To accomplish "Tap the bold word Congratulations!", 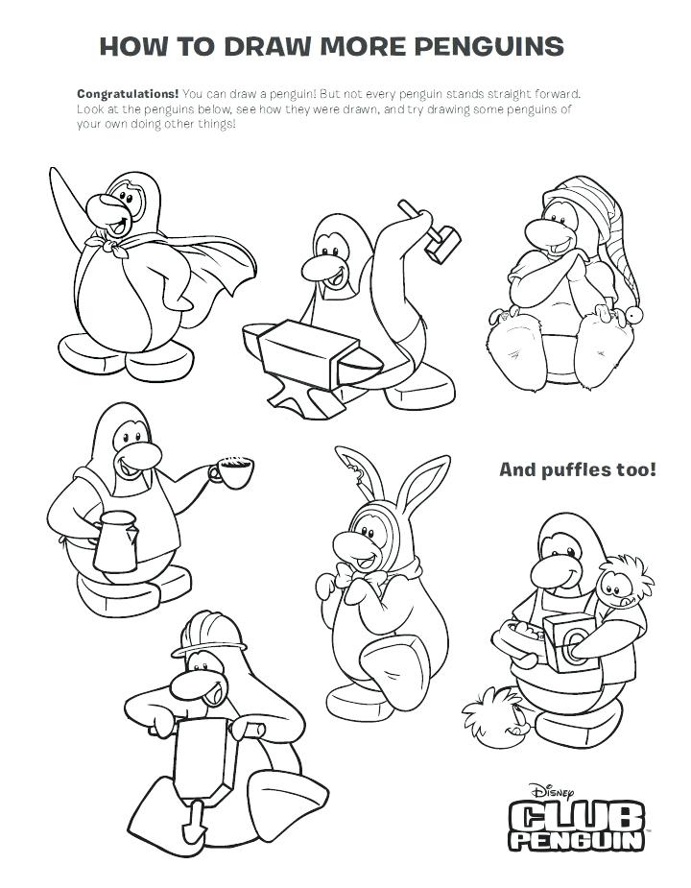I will (128, 95).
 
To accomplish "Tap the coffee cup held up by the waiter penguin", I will (233, 471).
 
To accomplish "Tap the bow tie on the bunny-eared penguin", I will (366, 580).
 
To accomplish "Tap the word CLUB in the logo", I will (572, 818).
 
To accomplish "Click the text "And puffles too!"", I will (578, 469).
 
